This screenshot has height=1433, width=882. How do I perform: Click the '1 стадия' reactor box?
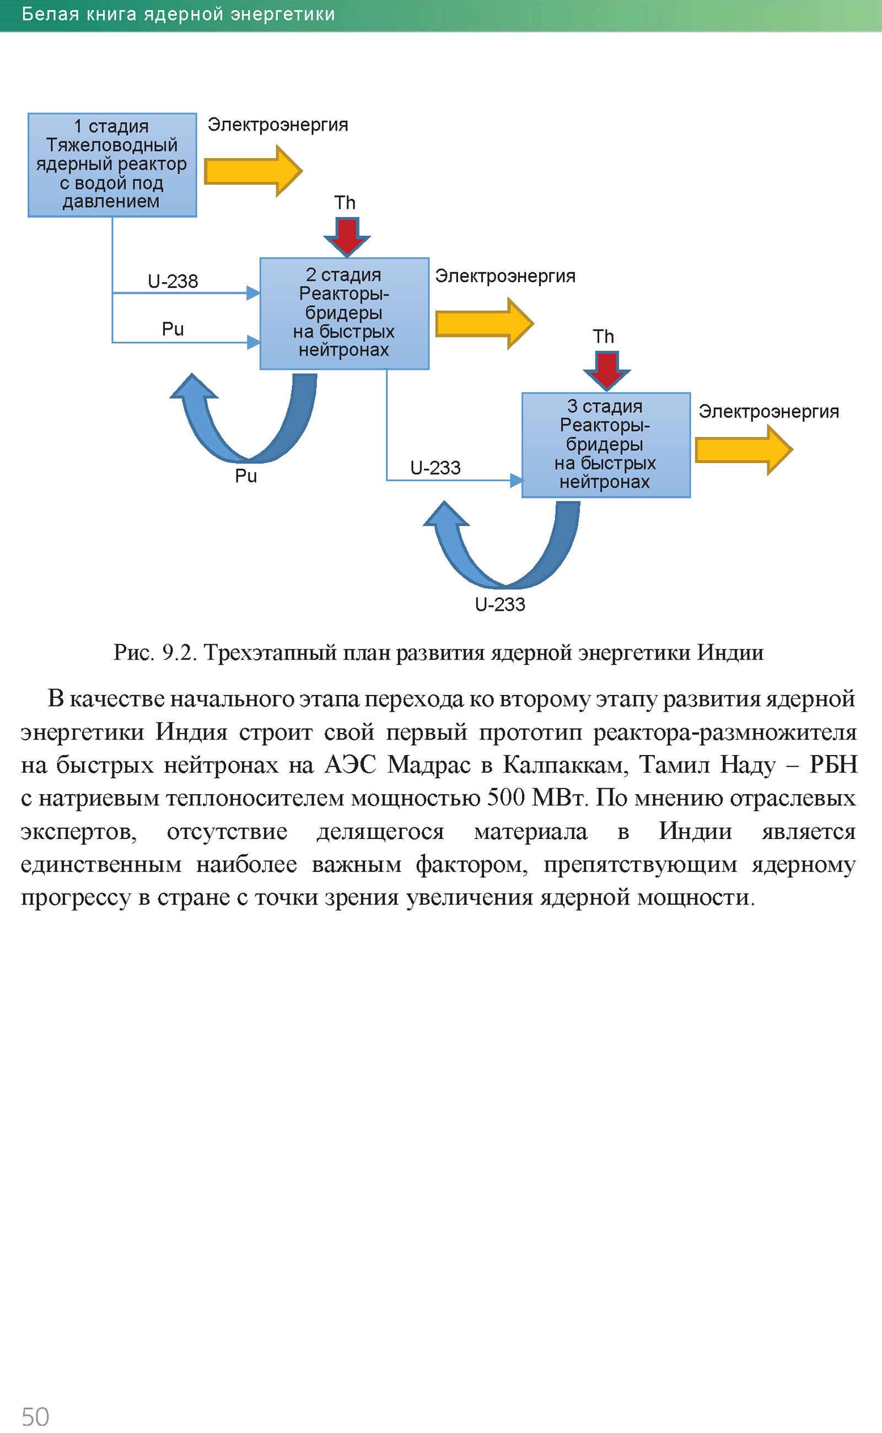[x=112, y=165]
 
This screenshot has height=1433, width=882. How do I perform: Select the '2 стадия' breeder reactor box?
[x=344, y=313]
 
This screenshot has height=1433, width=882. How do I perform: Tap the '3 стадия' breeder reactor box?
[x=605, y=445]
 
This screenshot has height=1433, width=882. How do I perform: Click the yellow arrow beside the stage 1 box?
[x=252, y=171]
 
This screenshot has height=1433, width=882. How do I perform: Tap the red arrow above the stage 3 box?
[x=607, y=369]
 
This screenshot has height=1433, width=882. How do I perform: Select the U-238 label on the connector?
[x=173, y=282]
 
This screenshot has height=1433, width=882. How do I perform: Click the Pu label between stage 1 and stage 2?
[x=173, y=330]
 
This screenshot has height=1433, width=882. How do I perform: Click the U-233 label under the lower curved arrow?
[x=500, y=605]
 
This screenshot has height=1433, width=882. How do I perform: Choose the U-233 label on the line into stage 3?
[x=435, y=468]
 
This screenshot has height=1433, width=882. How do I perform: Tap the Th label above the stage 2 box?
[x=345, y=203]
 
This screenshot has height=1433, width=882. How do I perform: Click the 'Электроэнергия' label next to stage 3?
[x=768, y=412]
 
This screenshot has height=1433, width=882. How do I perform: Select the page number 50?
[x=35, y=1416]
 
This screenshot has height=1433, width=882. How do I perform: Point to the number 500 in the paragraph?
[x=505, y=798]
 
